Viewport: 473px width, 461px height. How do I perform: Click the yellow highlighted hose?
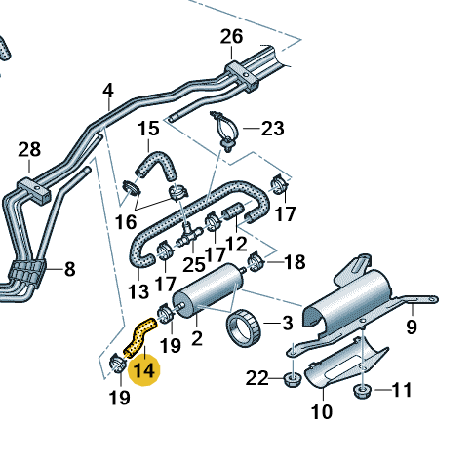pyautogui.click(x=139, y=337)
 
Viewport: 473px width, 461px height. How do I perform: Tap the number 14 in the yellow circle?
pyautogui.click(x=144, y=370)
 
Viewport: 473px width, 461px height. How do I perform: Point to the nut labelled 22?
pyautogui.click(x=293, y=379)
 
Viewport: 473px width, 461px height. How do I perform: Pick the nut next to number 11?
pyautogui.click(x=363, y=391)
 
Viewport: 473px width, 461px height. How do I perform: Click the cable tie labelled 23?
pyautogui.click(x=225, y=131)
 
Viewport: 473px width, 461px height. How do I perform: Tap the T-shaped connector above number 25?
pyautogui.click(x=189, y=234)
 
